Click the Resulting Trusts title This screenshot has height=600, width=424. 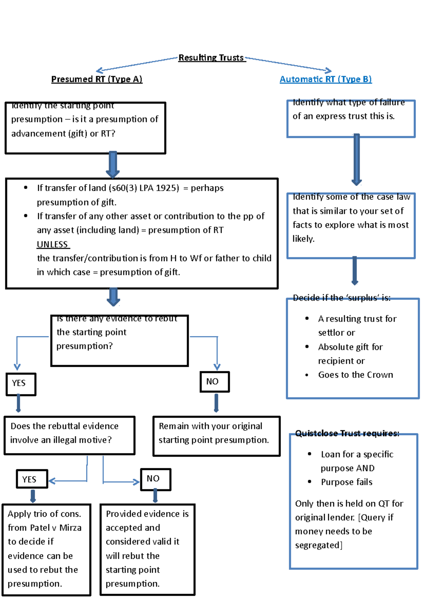click(211, 58)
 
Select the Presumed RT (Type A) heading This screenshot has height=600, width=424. click(96, 79)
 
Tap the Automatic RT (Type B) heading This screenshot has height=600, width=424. click(325, 79)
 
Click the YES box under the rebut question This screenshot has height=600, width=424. click(21, 384)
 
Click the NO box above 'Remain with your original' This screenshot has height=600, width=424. click(214, 382)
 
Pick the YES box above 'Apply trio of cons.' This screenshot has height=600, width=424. click(32, 479)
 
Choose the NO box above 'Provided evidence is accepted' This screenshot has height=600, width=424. click(155, 479)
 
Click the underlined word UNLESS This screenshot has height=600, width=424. click(53, 245)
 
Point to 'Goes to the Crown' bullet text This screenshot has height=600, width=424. click(355, 375)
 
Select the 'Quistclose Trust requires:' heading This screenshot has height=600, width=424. click(347, 434)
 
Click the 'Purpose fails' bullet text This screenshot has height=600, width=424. click(346, 482)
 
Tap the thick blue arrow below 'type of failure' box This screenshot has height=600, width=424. click(357, 159)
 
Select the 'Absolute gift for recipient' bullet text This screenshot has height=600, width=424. click(350, 353)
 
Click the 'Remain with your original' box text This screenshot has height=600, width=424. click(213, 433)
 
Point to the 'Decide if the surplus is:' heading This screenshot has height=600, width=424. click(341, 298)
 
